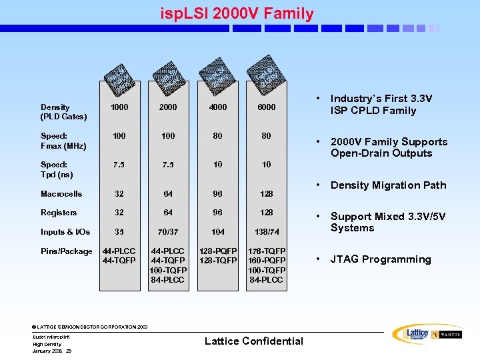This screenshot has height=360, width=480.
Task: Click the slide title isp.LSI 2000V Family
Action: point(237,13)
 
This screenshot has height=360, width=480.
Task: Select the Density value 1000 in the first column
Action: point(119,107)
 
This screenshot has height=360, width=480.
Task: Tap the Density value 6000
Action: point(266,107)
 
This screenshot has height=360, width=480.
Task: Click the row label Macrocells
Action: point(61,194)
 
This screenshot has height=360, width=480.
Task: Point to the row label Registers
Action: point(59,213)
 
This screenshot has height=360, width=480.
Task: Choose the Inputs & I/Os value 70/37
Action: point(168,232)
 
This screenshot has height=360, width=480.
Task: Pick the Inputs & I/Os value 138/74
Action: point(266,232)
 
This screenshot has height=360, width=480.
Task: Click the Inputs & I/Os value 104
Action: point(217,232)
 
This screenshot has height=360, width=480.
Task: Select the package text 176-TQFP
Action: point(266,251)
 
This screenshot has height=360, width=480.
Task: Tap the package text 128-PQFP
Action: point(217,251)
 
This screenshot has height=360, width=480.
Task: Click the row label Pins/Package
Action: point(66,251)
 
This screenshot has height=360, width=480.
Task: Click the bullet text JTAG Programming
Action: point(381,259)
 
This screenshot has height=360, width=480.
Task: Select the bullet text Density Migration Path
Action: point(388,185)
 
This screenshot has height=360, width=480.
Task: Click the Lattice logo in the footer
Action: point(409,334)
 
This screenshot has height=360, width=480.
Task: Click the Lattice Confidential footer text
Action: point(253,341)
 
